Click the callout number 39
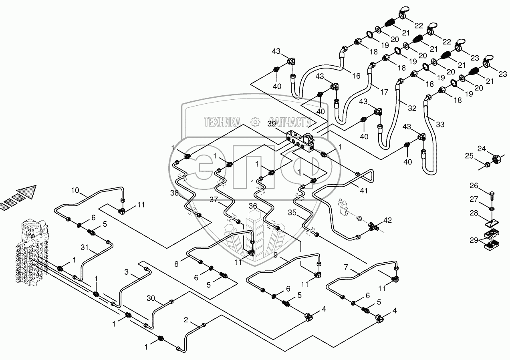pos(271,124)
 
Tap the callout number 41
pos(363,191)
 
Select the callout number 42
pos(387,220)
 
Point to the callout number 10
pos(75,190)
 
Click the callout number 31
pos(85,247)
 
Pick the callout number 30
pos(151,298)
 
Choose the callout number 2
pos(186,320)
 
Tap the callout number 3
pos(127,272)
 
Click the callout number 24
pos(482,149)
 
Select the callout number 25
pos(469,156)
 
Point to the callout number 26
pos(474,186)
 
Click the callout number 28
pos(474,213)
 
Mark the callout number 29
pos(474,240)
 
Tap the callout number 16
pos(356,76)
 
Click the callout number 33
pos(440,125)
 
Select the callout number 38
pos(175,193)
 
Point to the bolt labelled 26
pos(492,195)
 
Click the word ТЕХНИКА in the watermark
pos(222,122)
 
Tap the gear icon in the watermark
pos(255,122)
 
